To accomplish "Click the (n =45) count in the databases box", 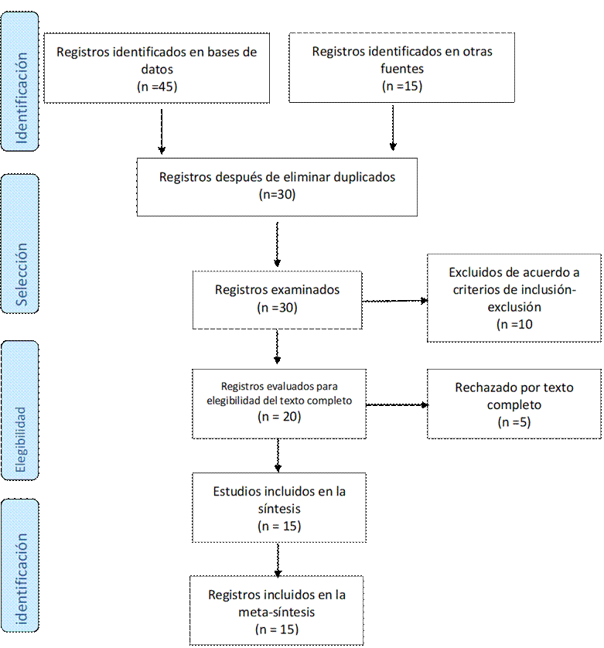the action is tap(157, 87).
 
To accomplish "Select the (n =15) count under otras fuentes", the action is tap(402, 87).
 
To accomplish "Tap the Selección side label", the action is tap(21, 275).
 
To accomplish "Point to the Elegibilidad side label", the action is tap(20, 440).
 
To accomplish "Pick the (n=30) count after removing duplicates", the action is tap(278, 195).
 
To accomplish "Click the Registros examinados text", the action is tap(277, 290).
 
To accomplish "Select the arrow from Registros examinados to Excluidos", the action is tap(395, 301).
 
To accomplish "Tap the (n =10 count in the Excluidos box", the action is tap(514, 325).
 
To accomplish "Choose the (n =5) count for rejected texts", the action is tap(514, 422).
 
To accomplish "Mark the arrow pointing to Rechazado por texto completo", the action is tap(398, 405).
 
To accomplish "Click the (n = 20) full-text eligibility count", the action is tap(279, 417).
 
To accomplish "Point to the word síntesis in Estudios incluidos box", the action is tap(279, 509).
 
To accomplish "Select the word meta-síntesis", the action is tap(277, 612).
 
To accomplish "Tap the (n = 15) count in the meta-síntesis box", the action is tap(277, 629).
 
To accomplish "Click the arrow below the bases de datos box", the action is tap(162, 131).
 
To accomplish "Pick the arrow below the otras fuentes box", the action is tap(393, 128).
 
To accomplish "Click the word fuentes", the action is tap(402, 69).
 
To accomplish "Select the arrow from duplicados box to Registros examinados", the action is tap(278, 244).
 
